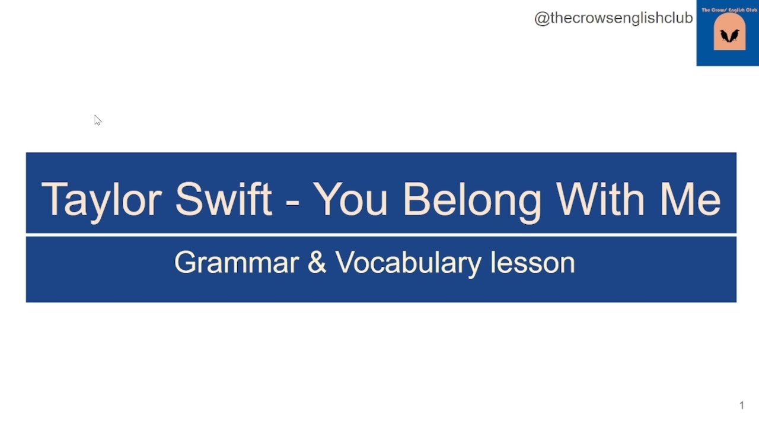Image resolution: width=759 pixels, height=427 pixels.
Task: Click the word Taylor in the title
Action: [x=101, y=199]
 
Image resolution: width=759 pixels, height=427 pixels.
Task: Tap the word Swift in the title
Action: [x=224, y=199]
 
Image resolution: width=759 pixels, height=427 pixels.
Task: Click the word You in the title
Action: [x=350, y=199]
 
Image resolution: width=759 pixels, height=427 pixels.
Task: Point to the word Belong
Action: [x=472, y=200]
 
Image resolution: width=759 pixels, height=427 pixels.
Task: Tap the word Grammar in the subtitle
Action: [x=236, y=262]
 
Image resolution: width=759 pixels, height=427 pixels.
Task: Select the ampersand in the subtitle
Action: [x=317, y=262]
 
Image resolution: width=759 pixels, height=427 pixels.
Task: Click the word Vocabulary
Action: [x=409, y=263]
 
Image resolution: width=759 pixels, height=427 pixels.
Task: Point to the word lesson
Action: [x=532, y=262]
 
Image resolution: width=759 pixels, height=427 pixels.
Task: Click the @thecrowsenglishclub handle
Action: [x=614, y=18]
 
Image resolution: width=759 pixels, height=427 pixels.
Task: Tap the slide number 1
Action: [x=741, y=406]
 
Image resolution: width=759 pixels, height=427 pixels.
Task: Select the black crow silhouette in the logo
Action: [x=729, y=36]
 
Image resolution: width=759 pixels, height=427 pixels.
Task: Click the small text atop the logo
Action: [x=729, y=10]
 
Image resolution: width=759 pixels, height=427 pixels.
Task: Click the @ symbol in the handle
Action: [x=541, y=18]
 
